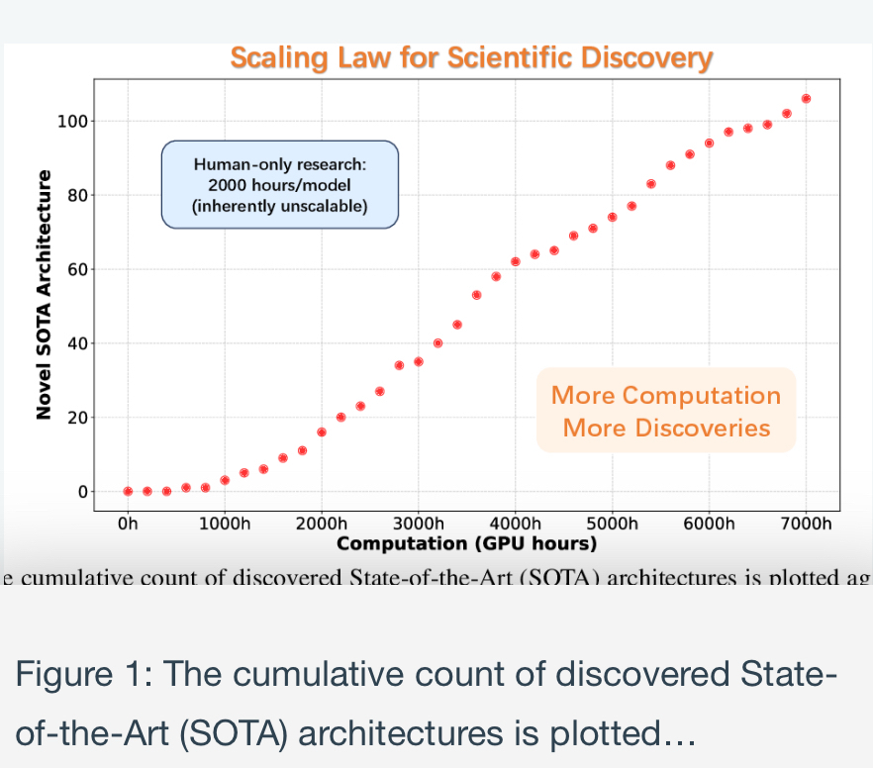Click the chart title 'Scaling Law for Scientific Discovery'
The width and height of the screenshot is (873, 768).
point(470,57)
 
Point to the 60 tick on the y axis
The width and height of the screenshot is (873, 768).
point(78,269)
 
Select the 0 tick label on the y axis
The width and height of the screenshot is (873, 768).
point(83,492)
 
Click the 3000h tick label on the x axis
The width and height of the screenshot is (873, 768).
point(418,524)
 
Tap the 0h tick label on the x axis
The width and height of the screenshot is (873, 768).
point(128,524)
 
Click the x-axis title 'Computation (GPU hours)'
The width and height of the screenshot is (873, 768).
point(467,543)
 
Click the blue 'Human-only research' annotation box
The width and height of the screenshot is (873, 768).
point(280,185)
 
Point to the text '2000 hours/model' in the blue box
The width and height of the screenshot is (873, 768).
point(280,185)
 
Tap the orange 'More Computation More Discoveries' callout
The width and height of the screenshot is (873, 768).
point(666,411)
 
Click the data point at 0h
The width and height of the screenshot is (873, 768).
point(128,491)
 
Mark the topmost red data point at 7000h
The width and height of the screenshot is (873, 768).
point(806,99)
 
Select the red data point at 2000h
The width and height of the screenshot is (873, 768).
point(322,432)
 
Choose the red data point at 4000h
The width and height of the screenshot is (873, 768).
point(516,261)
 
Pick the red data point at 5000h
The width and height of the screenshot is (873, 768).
point(613,217)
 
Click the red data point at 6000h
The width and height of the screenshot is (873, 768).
point(709,143)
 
